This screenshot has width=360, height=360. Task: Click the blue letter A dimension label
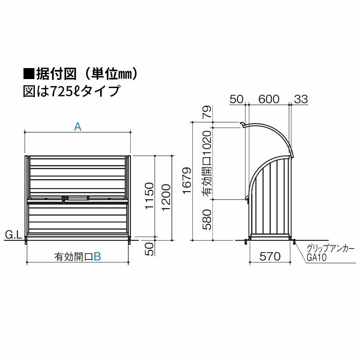(78, 126)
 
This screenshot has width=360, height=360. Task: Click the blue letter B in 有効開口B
(97, 257)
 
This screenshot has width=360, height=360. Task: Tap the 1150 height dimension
(149, 196)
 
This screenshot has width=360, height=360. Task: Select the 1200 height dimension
(166, 197)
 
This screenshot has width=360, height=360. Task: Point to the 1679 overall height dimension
(187, 180)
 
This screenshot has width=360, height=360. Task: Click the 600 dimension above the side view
(269, 99)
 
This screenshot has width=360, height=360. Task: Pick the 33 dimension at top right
(301, 99)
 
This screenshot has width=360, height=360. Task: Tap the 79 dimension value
(207, 112)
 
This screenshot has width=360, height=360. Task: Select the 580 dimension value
(207, 220)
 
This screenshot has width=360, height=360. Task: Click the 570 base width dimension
(270, 256)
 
